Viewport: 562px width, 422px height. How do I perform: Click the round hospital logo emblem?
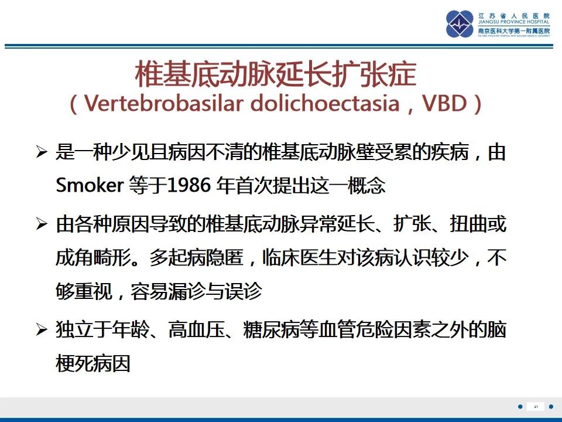click(x=460, y=24)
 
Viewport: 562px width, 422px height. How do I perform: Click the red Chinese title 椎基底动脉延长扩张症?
click(x=276, y=74)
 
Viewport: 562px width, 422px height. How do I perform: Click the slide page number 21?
click(x=536, y=406)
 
